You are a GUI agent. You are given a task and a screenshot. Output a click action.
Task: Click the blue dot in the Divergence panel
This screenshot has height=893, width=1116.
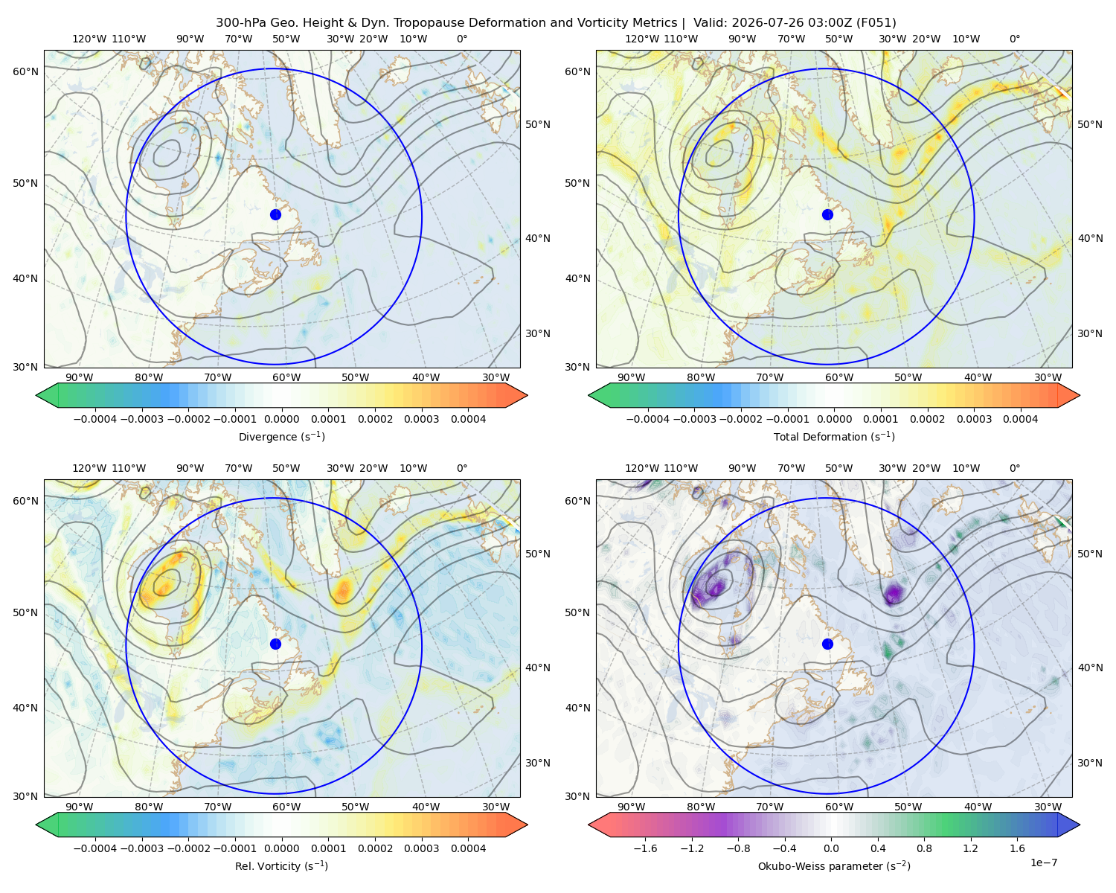coord(275,214)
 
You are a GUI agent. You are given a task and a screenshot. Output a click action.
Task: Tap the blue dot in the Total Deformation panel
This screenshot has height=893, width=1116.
coord(827,214)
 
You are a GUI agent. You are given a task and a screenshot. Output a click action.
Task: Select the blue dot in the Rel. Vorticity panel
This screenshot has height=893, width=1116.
coord(275,644)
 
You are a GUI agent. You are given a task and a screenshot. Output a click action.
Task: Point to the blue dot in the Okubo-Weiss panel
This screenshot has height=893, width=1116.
coord(827,644)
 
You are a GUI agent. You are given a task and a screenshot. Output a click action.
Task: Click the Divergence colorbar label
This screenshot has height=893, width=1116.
coord(281,436)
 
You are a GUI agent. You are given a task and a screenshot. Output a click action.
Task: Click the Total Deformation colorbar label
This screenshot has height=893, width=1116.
coord(834,436)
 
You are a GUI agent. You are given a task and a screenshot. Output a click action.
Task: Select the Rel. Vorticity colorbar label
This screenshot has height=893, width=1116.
coord(281,866)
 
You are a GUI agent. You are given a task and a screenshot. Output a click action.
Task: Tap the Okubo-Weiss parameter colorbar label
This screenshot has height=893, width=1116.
coord(834,866)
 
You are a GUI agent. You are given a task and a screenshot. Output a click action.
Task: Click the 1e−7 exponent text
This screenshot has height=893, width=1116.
coord(1043,862)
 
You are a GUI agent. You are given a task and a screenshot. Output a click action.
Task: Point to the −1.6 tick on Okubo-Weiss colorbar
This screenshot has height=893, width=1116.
coord(646,848)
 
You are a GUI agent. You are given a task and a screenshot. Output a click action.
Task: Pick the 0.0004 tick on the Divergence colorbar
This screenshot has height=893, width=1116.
coord(468,419)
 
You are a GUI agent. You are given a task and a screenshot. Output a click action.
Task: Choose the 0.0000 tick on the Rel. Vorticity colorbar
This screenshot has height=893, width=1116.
coord(281,848)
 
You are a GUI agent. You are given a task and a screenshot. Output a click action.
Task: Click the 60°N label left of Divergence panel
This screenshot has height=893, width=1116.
coord(25,71)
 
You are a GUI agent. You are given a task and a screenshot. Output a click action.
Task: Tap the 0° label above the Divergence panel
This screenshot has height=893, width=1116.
coord(462,39)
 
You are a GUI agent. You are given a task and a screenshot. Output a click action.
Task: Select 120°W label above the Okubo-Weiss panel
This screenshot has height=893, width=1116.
coord(642,468)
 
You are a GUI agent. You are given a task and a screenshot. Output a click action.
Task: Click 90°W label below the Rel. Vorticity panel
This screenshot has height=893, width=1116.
coord(80,807)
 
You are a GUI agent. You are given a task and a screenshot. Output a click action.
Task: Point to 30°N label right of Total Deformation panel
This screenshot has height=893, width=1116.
coord(1090,333)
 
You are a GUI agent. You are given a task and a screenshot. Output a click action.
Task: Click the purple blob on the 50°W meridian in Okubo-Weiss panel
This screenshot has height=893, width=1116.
coord(894,592)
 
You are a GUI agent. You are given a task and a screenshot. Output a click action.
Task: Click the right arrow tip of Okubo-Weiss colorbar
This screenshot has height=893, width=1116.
coord(1080,825)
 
